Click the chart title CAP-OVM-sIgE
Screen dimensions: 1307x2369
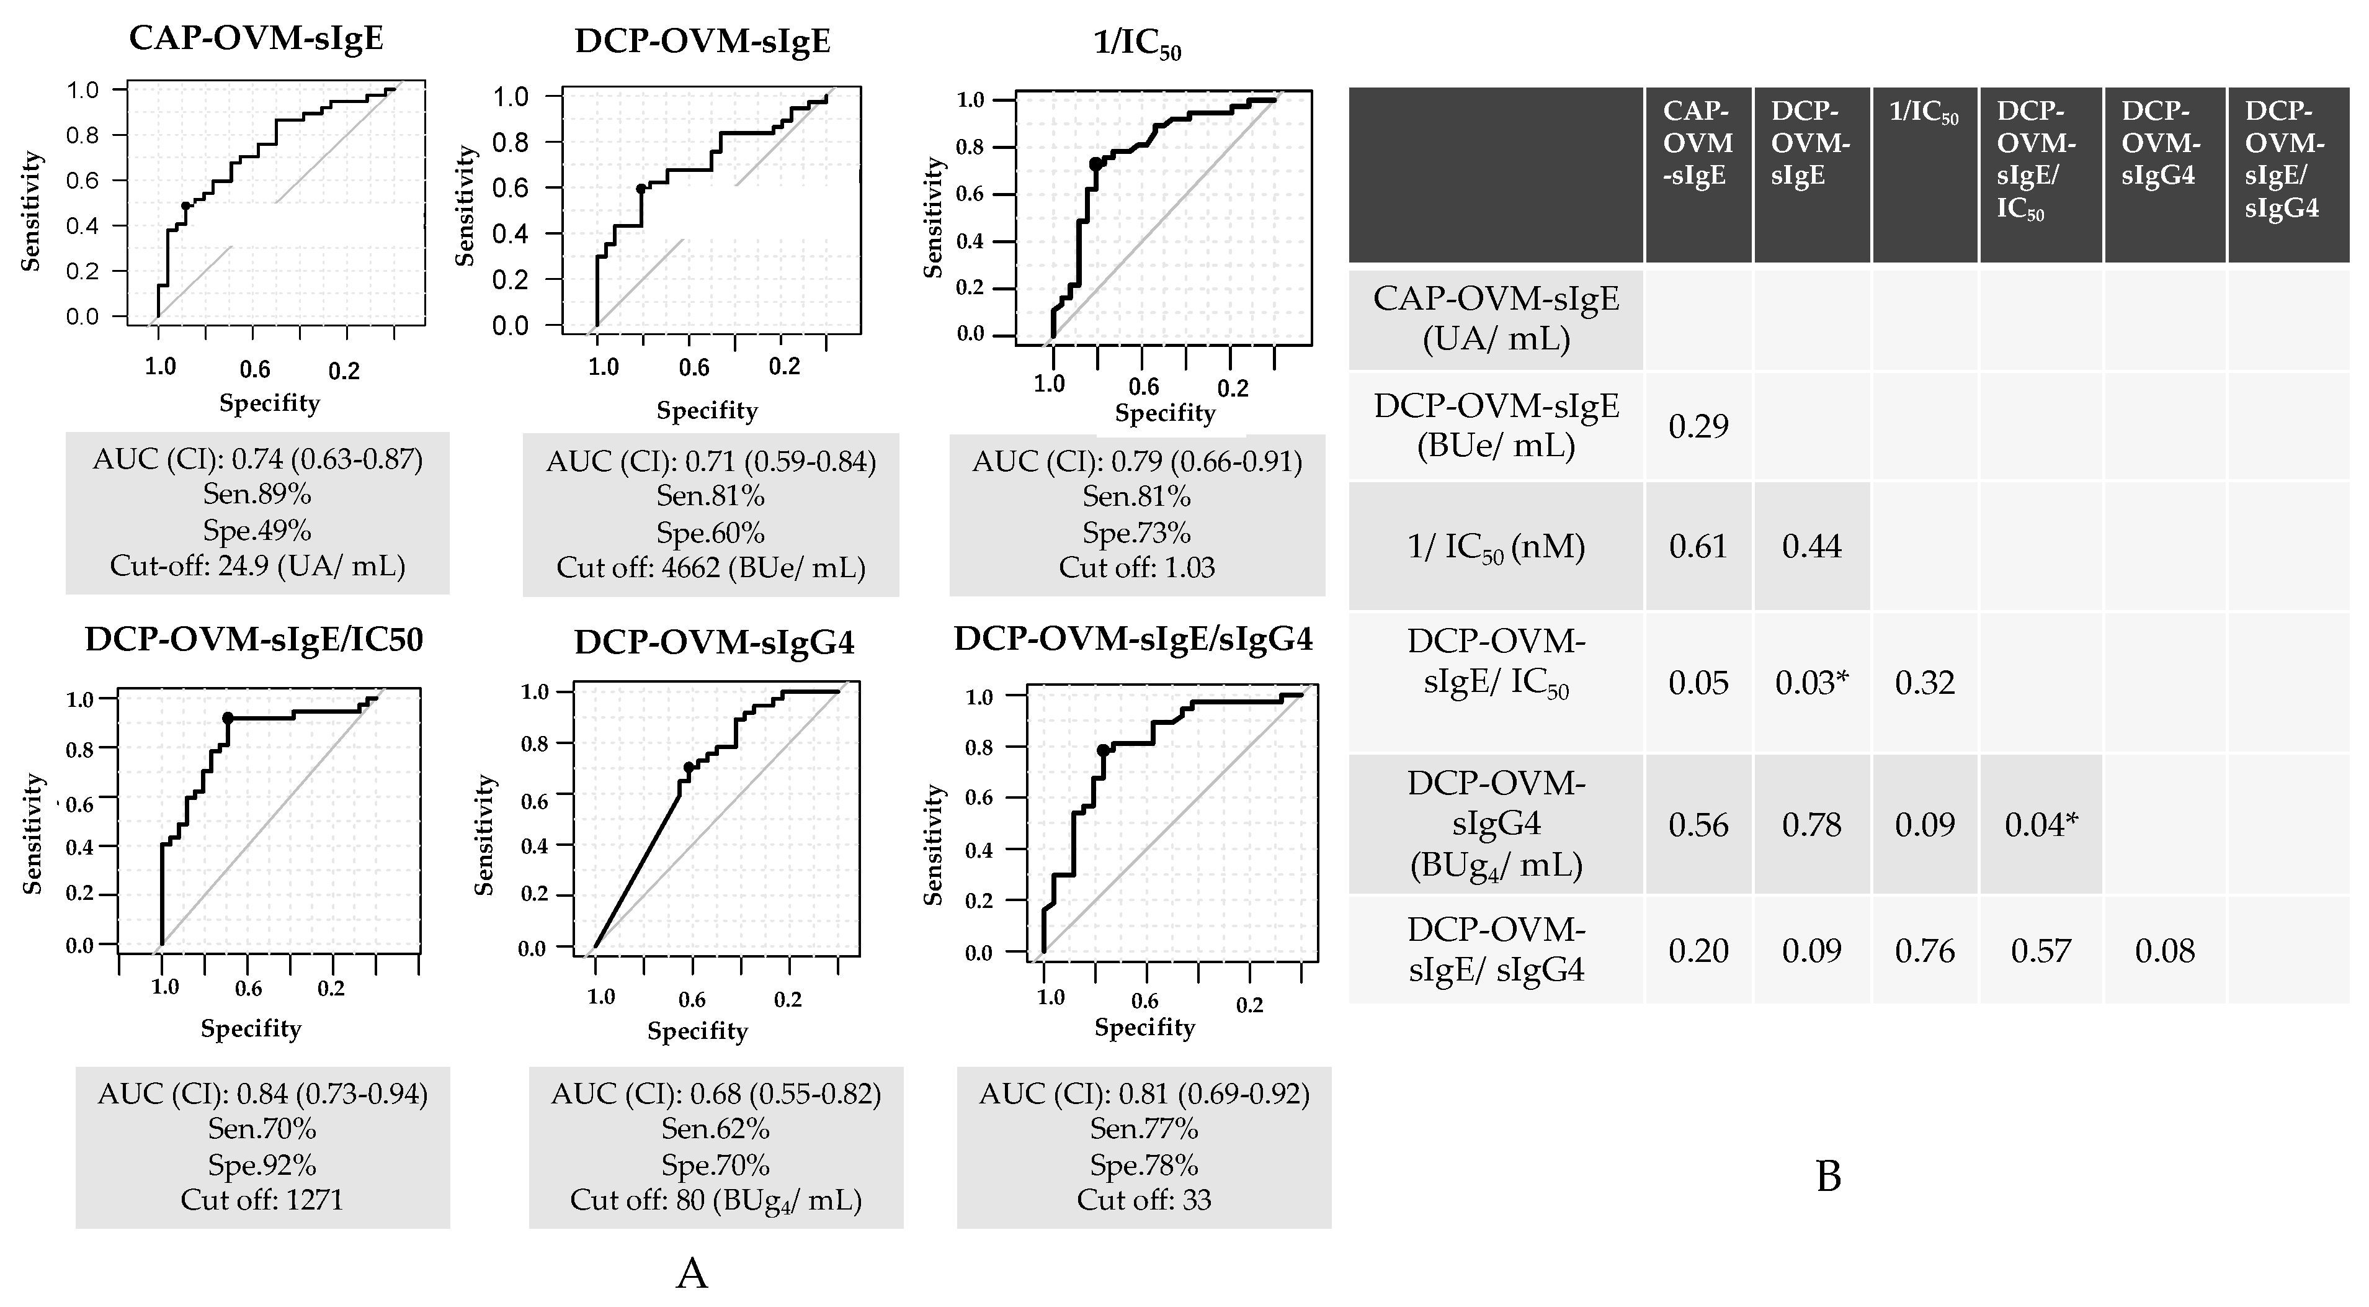[257, 38]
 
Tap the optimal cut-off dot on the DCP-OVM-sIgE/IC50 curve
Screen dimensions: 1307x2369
[227, 717]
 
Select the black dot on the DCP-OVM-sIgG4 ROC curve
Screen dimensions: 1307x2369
[689, 767]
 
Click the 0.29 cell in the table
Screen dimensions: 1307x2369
[1698, 426]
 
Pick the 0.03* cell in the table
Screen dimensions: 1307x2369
[1811, 683]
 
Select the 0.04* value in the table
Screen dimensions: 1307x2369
[2040, 824]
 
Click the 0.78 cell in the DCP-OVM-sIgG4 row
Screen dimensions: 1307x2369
[1811, 824]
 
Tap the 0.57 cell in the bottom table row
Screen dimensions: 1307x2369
[2040, 950]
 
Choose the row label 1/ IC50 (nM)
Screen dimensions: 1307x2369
[1496, 546]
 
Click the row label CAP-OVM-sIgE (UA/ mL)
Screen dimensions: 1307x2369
[1496, 318]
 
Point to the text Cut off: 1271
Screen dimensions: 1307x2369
[262, 1200]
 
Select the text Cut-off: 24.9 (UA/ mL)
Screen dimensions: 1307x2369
[257, 565]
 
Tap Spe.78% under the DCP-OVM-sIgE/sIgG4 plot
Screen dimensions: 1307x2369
[1144, 1166]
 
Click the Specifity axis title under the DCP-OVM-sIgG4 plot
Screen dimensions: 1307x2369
[697, 1030]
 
